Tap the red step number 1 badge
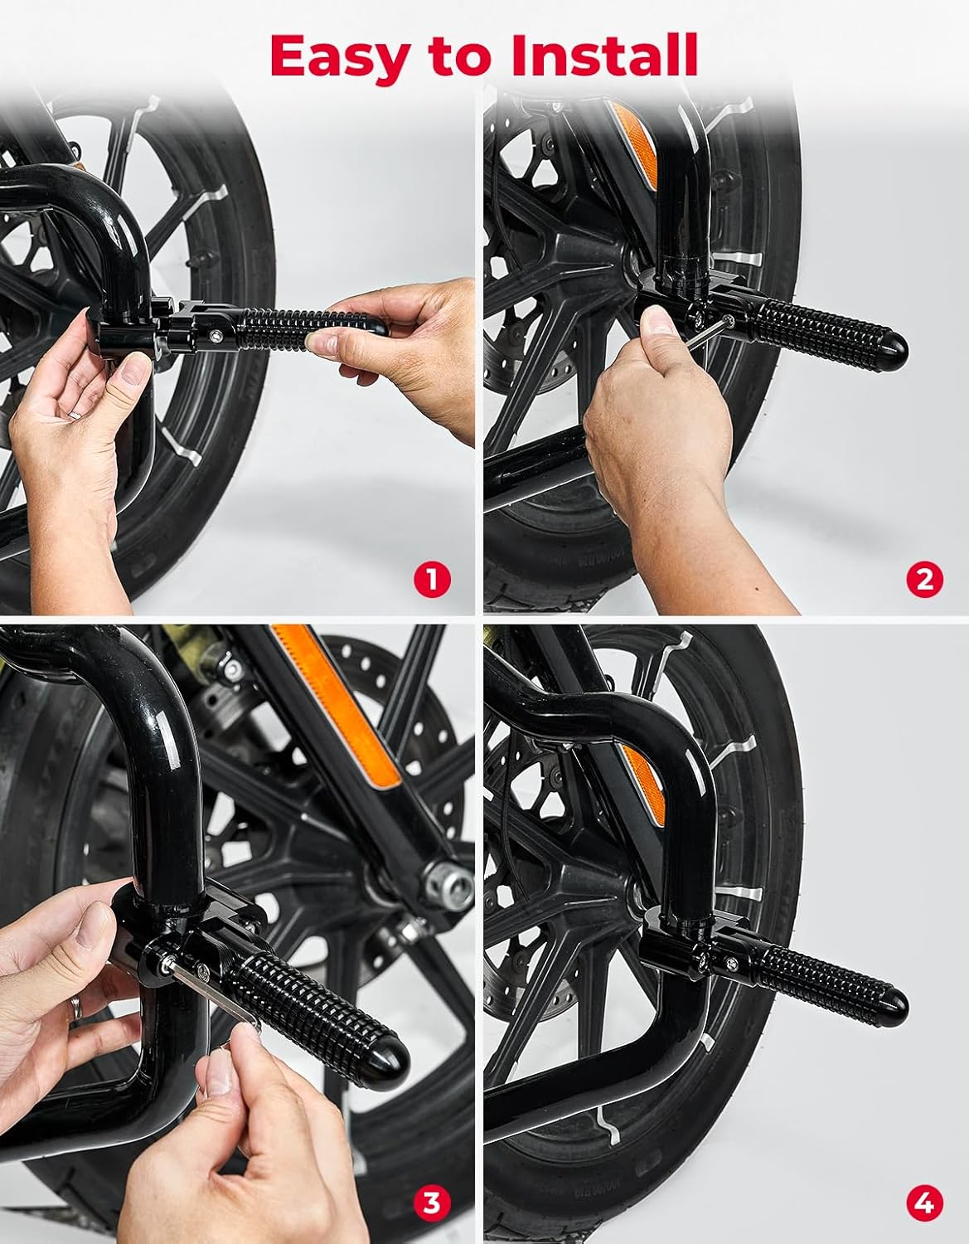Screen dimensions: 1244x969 tap(431, 578)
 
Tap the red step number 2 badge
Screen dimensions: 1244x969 tap(924, 578)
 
